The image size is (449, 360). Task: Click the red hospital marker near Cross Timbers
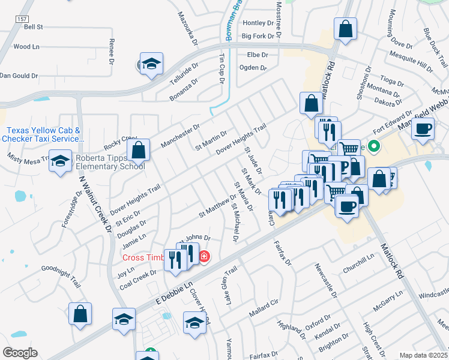point(205,257)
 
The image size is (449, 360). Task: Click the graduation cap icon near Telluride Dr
point(152,64)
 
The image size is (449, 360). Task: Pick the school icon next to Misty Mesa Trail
point(60,161)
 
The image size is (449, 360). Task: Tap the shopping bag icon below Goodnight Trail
point(80,314)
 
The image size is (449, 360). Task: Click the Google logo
point(20,353)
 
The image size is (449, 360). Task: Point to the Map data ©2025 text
point(423,355)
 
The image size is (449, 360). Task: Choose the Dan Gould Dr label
point(19,76)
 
